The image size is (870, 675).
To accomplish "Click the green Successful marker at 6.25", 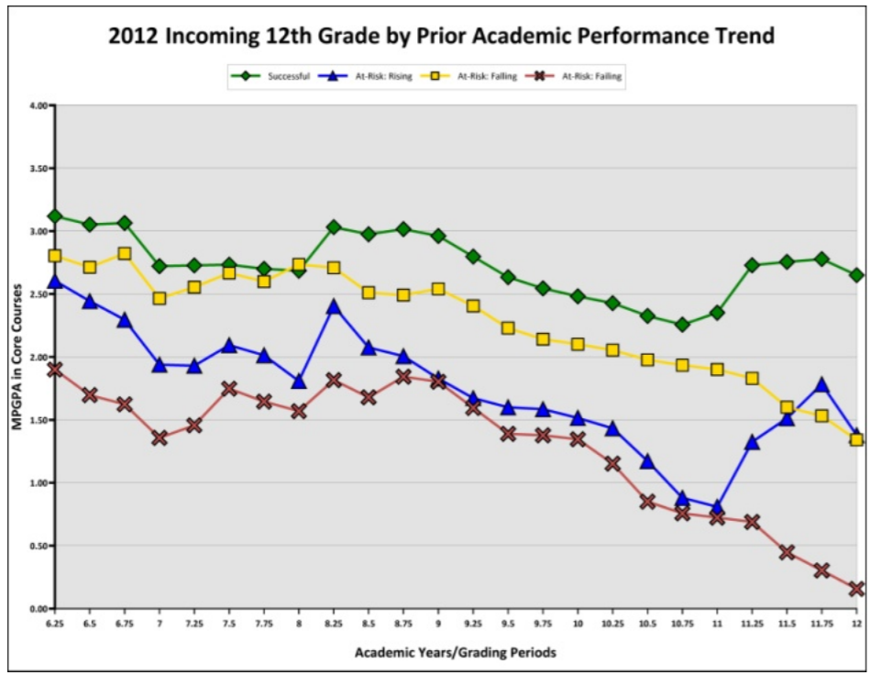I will pyautogui.click(x=55, y=216).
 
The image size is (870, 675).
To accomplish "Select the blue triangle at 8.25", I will pyautogui.click(x=334, y=306).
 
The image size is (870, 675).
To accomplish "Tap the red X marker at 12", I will pyautogui.click(x=856, y=589).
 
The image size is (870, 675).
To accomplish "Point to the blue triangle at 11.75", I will pyautogui.click(x=821, y=385).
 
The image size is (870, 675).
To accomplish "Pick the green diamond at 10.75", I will pyautogui.click(x=682, y=325).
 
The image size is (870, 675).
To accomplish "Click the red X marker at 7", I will pyautogui.click(x=160, y=438).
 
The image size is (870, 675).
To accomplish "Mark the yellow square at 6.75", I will pyautogui.click(x=125, y=253).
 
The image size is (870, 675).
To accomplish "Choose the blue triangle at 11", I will pyautogui.click(x=717, y=506).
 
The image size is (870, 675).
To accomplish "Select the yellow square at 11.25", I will pyautogui.click(x=752, y=379).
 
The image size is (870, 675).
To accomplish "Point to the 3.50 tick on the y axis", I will pyautogui.click(x=38, y=169).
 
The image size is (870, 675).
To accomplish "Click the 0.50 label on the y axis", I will pyautogui.click(x=38, y=546).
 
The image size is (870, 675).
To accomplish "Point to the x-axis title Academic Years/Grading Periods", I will pyautogui.click(x=455, y=653).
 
